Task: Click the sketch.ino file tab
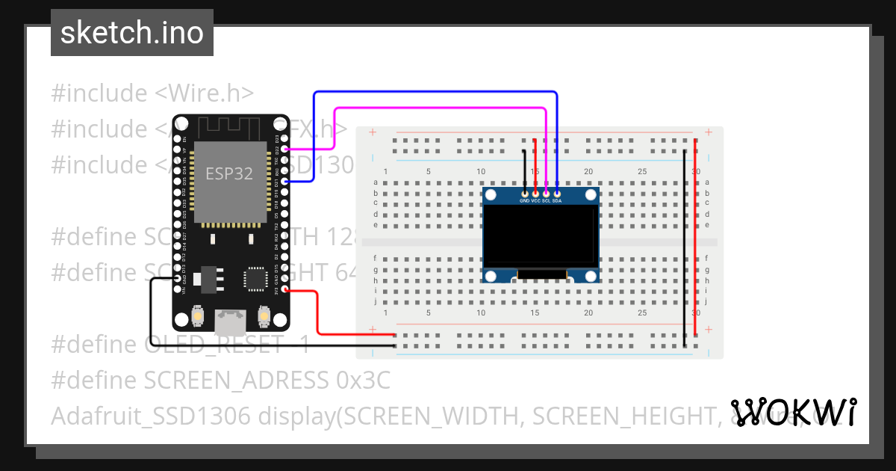pyautogui.click(x=131, y=33)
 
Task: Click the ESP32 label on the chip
pyautogui.click(x=229, y=174)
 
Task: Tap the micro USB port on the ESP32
pyautogui.click(x=230, y=321)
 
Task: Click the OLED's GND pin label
pyautogui.click(x=525, y=201)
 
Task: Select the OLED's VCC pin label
pyautogui.click(x=535, y=201)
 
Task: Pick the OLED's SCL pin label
pyautogui.click(x=546, y=201)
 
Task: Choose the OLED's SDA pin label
pyautogui.click(x=557, y=201)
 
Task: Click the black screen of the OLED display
pyautogui.click(x=541, y=235)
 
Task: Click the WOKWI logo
pyautogui.click(x=793, y=412)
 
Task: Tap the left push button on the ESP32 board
pyautogui.click(x=198, y=317)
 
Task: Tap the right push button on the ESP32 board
pyautogui.click(x=263, y=317)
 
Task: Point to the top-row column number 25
pyautogui.click(x=642, y=172)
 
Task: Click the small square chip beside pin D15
pyautogui.click(x=255, y=279)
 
